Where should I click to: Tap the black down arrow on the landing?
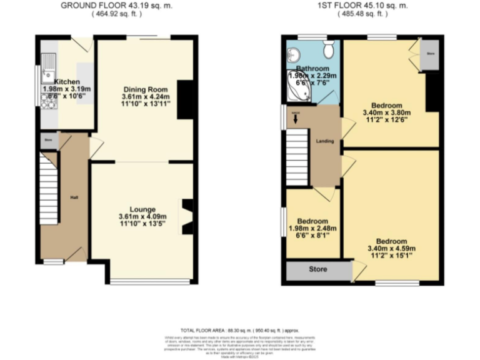[295, 119]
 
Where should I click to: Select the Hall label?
[74, 197]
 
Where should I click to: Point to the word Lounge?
[142, 209]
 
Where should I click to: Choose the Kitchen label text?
[66, 82]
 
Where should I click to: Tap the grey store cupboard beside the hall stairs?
[47, 141]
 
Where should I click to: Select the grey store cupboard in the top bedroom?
[430, 54]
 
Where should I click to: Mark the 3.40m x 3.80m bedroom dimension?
[386, 113]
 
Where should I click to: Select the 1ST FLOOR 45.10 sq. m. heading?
[362, 5]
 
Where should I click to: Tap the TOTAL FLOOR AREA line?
[239, 329]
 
